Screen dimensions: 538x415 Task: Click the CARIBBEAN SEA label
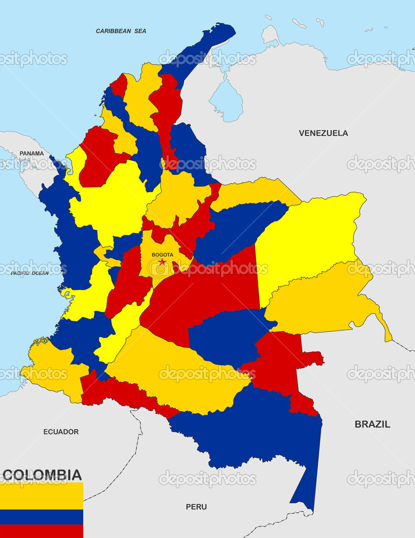[x=121, y=31]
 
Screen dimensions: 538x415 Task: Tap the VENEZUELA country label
[x=323, y=133]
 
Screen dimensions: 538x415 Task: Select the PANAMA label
[x=32, y=154]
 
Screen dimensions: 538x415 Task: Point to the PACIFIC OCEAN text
[x=29, y=273]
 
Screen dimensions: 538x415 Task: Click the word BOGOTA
[x=162, y=255]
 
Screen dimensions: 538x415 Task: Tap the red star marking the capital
[x=162, y=262]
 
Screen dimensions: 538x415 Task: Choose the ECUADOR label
[x=60, y=432]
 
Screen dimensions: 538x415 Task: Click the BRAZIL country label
[x=372, y=424]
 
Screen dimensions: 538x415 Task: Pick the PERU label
[x=196, y=507]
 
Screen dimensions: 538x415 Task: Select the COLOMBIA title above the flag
[x=42, y=475]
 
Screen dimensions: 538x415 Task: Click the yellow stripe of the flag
[x=41, y=496]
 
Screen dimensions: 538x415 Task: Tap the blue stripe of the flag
[x=41, y=516]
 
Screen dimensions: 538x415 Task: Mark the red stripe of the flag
[x=41, y=531]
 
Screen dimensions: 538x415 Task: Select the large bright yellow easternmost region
[x=310, y=231]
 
